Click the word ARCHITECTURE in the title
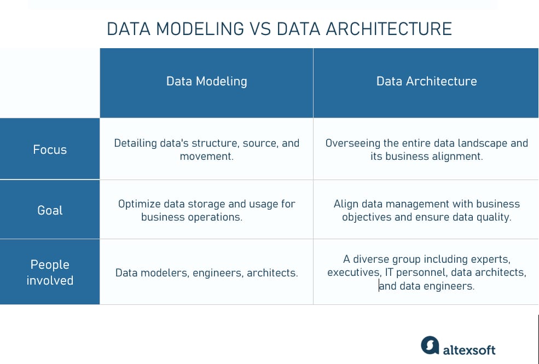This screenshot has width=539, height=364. coord(389,29)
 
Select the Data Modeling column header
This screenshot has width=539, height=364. coord(207,82)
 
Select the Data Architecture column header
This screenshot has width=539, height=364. coord(427,82)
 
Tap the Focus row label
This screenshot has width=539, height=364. coord(50,149)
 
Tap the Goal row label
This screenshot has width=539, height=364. coord(50,210)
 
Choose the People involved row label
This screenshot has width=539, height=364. coord(50,272)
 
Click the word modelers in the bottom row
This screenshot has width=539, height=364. coord(164,273)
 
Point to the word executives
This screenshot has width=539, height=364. coord(353,273)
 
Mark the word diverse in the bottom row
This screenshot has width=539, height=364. coord(371,259)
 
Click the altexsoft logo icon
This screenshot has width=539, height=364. coord(430,345)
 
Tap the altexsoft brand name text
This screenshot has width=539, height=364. coord(469,350)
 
